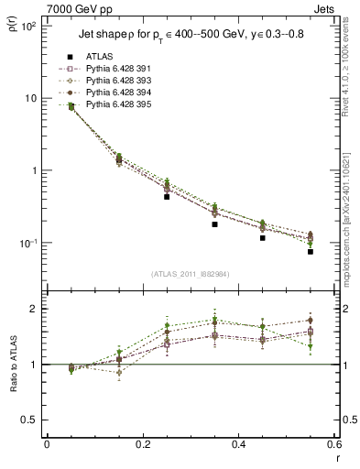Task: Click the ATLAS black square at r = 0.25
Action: [167, 196]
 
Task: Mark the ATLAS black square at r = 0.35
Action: [214, 224]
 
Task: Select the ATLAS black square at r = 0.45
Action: [262, 238]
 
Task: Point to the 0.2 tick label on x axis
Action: [142, 444]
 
